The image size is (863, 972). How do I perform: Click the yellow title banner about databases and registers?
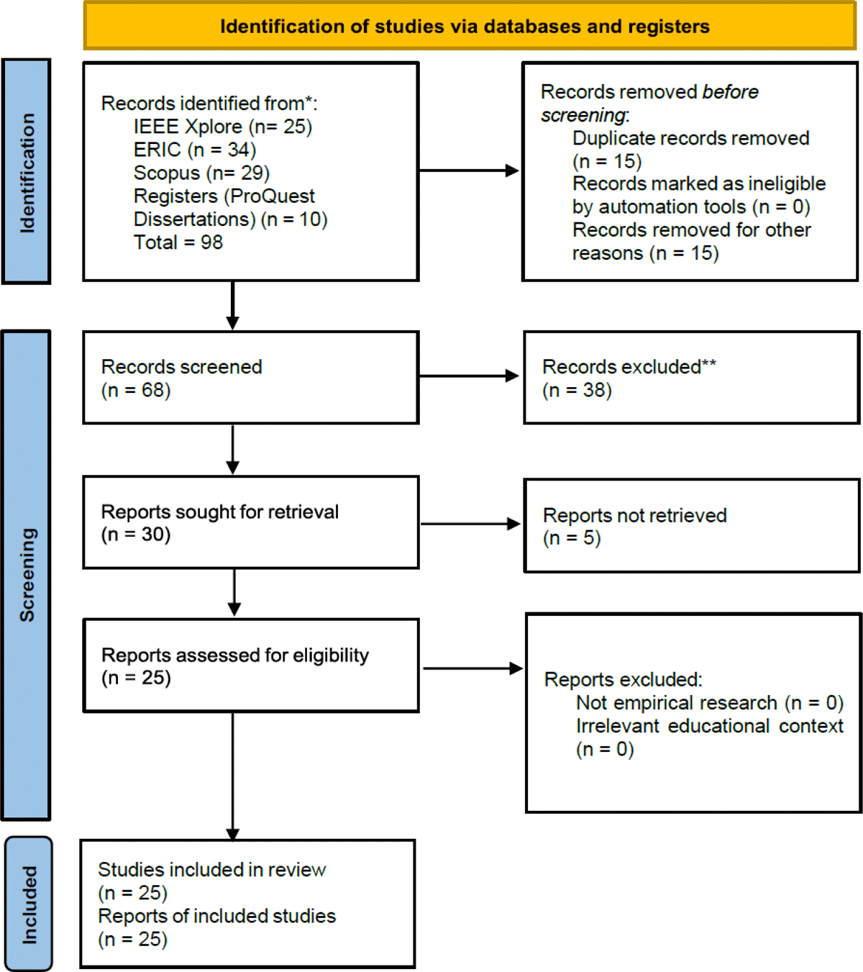tap(470, 26)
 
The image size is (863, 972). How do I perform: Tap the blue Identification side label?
tap(27, 171)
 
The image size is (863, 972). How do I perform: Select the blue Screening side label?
tap(27, 576)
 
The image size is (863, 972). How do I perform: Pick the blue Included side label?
tap(28, 904)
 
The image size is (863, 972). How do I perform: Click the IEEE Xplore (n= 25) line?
tap(223, 127)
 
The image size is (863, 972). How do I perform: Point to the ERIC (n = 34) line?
tap(195, 150)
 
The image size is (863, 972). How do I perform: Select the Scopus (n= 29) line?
tap(201, 173)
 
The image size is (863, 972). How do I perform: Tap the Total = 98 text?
tap(178, 242)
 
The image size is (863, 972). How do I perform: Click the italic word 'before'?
tap(730, 91)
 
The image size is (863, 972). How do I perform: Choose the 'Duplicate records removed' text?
tap(691, 138)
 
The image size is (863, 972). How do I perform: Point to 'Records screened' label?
tap(181, 367)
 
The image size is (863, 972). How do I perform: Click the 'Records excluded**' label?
tap(629, 367)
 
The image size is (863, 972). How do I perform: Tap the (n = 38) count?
tap(577, 390)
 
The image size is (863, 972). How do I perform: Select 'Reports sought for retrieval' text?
tap(220, 512)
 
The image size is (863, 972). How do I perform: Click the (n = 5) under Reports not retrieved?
tap(572, 538)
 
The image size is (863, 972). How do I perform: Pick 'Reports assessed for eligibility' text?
tap(235, 655)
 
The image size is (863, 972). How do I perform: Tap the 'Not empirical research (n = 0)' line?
tap(710, 703)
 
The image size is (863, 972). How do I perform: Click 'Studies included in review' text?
tap(212, 870)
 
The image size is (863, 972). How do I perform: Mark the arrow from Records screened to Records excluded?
tap(469, 376)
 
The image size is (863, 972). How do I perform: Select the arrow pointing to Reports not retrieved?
tap(470, 524)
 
